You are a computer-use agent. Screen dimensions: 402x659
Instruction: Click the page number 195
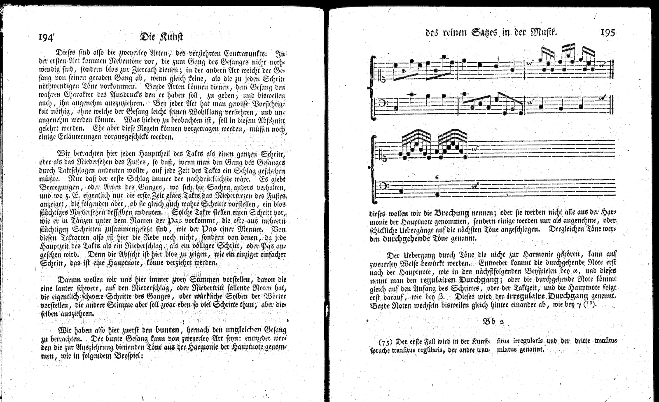point(607,32)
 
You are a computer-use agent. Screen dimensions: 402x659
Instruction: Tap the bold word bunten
point(168,330)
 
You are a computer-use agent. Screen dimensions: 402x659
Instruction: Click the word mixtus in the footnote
point(510,350)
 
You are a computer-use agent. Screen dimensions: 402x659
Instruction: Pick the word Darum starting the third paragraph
point(68,279)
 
